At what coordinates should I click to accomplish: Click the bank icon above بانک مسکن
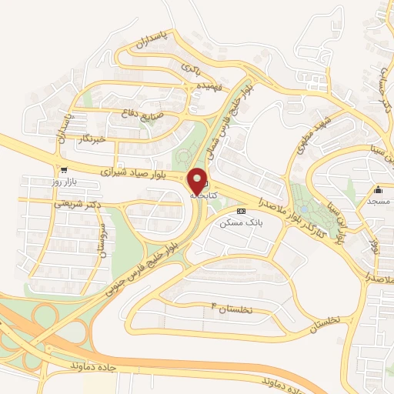coord(241,210)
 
